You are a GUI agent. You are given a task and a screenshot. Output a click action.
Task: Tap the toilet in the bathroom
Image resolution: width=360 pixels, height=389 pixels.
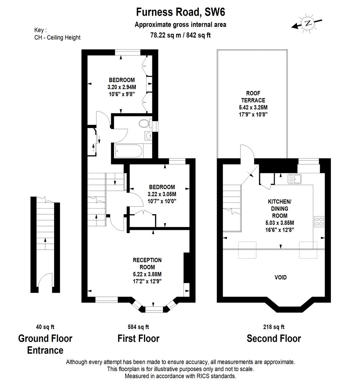(x=144, y=124)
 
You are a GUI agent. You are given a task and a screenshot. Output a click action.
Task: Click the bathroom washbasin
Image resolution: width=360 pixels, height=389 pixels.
(x=148, y=136)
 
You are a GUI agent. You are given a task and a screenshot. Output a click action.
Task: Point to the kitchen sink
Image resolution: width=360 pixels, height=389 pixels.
(x=295, y=179)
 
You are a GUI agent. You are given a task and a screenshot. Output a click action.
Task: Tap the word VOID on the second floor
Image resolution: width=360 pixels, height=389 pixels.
(x=280, y=277)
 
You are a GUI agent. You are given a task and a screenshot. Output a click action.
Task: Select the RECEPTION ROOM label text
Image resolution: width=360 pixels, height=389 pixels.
(x=147, y=264)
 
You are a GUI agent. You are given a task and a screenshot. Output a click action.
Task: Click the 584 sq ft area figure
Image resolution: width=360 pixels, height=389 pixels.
(x=138, y=327)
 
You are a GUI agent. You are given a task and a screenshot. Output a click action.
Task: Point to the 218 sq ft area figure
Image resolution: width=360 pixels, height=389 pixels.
(x=274, y=327)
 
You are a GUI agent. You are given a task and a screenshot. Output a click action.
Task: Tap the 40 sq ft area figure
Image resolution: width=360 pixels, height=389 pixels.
(x=45, y=327)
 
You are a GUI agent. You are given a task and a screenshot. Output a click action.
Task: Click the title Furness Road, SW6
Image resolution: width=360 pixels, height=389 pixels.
(x=181, y=12)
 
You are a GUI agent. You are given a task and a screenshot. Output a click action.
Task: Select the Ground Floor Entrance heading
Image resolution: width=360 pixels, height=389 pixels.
(x=45, y=344)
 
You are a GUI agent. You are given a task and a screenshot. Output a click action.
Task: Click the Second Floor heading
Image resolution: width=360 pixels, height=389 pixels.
(x=274, y=339)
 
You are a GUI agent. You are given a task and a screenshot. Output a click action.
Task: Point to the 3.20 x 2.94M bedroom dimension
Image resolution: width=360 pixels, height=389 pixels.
(x=122, y=87)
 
